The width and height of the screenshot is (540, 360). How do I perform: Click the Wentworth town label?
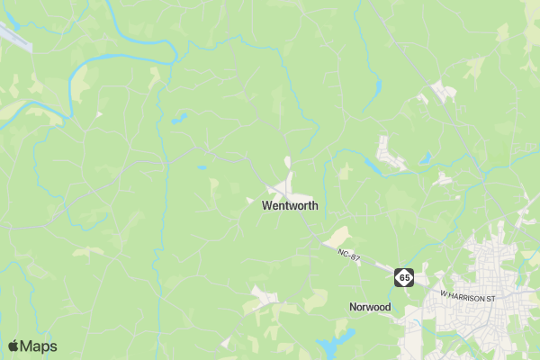click(290, 205)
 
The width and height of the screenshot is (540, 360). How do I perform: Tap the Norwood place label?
click(370, 307)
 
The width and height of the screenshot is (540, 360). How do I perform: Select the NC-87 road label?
click(349, 257)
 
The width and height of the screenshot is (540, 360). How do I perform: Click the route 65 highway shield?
click(404, 278)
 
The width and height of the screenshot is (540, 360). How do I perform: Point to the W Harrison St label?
click(467, 294)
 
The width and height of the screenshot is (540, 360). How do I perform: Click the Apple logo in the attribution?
click(13, 346)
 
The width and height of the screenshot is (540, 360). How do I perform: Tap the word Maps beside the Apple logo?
click(39, 346)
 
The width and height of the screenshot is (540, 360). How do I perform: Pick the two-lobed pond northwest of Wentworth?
click(179, 117)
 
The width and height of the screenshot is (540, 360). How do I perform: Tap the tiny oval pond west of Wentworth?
click(202, 166)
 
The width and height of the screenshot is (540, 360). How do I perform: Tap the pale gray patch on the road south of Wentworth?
click(264, 295)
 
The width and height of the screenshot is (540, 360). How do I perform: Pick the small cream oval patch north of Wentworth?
click(288, 162)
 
